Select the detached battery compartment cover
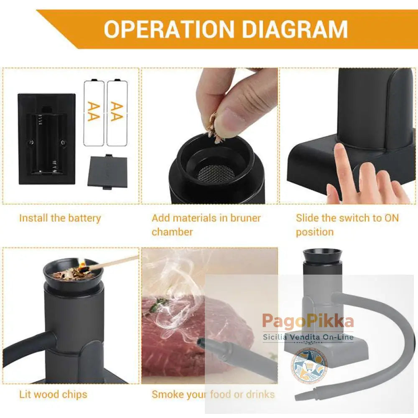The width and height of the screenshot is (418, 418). point(108,172)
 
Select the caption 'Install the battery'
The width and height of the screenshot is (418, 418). point(60,218)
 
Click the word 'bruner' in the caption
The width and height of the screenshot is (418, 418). point(245,218)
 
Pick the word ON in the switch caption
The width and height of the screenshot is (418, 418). point(391,218)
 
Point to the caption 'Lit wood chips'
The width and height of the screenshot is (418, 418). point(53,394)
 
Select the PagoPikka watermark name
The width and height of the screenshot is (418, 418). point(308,321)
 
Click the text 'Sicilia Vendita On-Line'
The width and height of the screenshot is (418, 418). point(308,337)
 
